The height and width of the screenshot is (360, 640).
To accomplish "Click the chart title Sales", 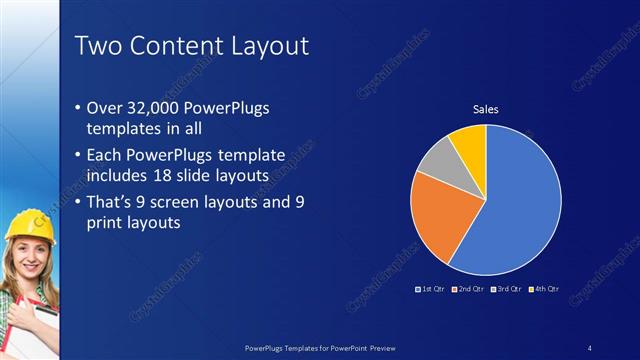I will [x=485, y=110].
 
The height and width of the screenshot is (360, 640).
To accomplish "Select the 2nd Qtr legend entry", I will [x=468, y=289].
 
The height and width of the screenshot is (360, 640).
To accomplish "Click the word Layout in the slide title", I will [x=264, y=46].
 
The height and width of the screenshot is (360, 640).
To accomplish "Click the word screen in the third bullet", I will [x=192, y=202].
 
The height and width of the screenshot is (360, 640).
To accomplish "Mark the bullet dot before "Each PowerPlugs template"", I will [x=80, y=156].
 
